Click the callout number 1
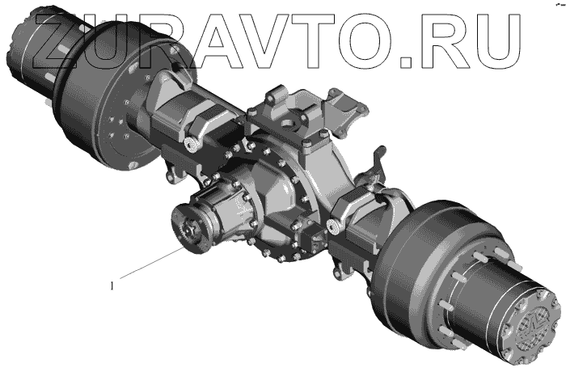click(x=112, y=286)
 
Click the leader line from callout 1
click(x=152, y=264)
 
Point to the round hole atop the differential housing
click(x=289, y=124)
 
